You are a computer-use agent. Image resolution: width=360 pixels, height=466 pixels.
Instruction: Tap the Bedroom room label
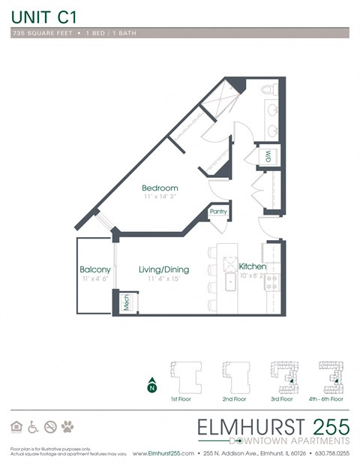pos(160,188)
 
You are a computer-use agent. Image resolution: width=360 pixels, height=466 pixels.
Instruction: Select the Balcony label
pos(95,269)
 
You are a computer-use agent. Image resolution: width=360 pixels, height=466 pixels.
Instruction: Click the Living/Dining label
pos(163,269)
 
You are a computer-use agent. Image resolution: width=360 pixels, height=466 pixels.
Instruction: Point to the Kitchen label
pos(253,266)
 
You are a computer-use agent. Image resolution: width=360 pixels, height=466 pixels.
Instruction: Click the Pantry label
pos(218,212)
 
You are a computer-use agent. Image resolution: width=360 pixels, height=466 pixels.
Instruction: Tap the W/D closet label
pos(266,156)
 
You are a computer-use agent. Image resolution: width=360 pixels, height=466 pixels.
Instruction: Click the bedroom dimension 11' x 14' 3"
pos(160,197)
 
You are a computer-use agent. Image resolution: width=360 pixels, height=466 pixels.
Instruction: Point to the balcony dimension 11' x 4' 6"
pos(94,279)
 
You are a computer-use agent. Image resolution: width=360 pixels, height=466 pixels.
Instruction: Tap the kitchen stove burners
pos(272,282)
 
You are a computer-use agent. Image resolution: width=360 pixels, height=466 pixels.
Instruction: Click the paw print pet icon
pos(67,427)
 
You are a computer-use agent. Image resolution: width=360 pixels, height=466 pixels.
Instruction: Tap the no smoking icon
pos(50,427)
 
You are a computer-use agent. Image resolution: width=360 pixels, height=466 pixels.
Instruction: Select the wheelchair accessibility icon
pos(33,427)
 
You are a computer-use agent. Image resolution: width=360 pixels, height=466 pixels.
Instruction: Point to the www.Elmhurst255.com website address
pos(163,454)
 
